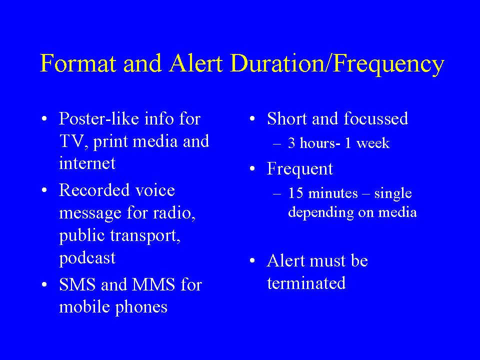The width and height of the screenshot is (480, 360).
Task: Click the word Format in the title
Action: tap(78, 63)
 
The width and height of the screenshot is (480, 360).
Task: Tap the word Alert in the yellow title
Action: tap(196, 63)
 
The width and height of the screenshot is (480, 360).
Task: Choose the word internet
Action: tap(87, 163)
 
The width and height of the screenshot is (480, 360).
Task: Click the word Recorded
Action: tap(95, 190)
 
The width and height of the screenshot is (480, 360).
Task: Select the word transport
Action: tap(145, 235)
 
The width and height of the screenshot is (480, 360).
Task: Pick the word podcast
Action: tap(87, 258)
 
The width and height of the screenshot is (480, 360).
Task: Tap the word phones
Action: tap(141, 307)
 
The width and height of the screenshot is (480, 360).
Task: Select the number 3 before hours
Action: tap(291, 143)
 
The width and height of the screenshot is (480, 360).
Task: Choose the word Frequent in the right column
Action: tap(299, 169)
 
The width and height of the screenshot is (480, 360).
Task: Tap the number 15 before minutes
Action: tap(295, 193)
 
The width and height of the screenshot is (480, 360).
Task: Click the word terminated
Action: tap(306, 283)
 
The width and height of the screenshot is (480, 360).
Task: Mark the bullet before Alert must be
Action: tap(252, 261)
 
